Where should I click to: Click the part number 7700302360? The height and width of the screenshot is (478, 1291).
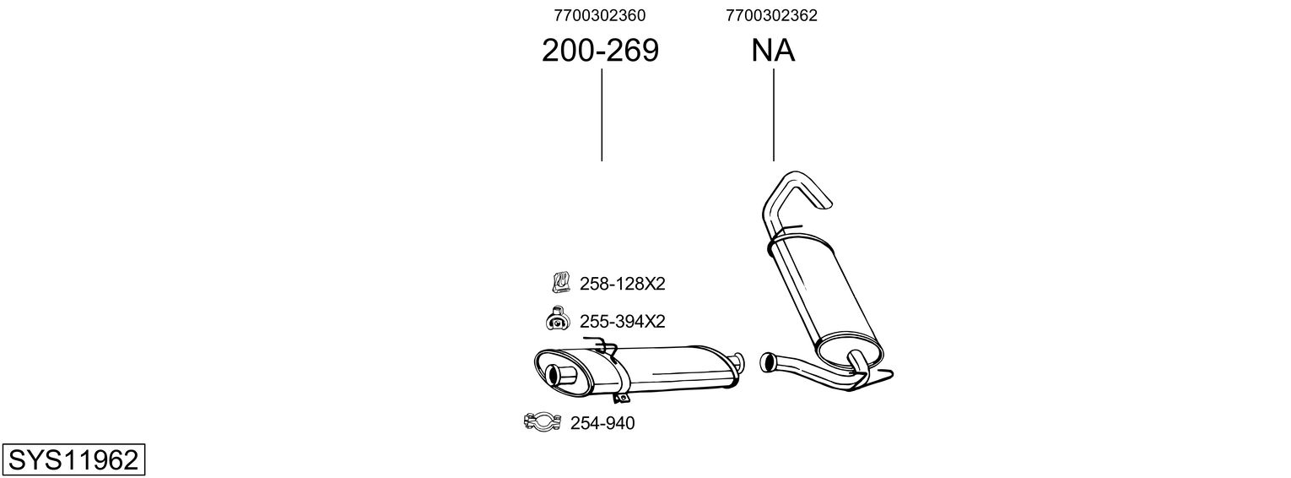tap(600, 15)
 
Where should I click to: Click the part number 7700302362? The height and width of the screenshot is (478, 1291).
tap(771, 15)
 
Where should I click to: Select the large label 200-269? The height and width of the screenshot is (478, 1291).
tap(600, 52)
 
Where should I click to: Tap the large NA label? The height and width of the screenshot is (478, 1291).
tap(773, 52)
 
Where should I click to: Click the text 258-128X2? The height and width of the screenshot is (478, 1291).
tap(622, 284)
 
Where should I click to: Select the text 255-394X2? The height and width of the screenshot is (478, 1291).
tap(622, 322)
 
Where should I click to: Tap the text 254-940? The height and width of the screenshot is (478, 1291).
tap(602, 423)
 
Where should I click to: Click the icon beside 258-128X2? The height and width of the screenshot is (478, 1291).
tap(560, 282)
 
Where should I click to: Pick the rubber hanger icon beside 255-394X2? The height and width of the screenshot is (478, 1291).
tap(558, 320)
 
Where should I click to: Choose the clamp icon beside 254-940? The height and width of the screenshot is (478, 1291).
tap(543, 421)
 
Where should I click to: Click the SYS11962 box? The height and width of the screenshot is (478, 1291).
tap(73, 459)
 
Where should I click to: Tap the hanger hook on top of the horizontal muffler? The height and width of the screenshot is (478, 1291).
tap(604, 344)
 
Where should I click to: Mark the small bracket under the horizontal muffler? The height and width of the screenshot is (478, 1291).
tap(622, 398)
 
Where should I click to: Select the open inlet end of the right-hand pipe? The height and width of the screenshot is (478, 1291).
tap(768, 362)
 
